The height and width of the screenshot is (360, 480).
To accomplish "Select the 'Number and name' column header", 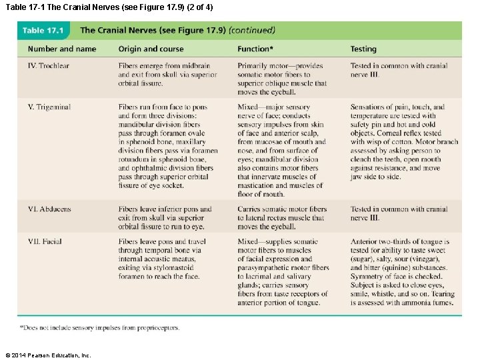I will coord(61,49).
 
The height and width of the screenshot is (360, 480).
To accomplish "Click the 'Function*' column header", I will coord(255,49).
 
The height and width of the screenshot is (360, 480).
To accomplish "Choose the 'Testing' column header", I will coord(363,49).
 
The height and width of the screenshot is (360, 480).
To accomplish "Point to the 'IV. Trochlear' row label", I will coord(49,66).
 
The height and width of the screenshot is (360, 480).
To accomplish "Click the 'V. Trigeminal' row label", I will coord(49,107).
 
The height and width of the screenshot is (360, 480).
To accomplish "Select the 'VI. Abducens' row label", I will coord(49,209).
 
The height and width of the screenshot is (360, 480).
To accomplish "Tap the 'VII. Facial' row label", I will coord(45,242).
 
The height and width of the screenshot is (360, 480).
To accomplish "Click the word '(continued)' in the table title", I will coord(252,30).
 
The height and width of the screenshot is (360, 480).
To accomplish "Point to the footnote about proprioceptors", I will coord(99,327).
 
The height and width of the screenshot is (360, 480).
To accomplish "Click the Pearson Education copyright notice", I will coord(48,355).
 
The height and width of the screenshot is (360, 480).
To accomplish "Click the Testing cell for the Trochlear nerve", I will coord(399,70).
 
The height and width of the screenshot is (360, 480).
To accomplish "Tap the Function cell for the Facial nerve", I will coord(283,272).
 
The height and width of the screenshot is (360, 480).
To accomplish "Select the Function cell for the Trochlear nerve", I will coord(282,79).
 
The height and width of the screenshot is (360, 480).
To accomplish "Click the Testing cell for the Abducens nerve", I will coord(399,213).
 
